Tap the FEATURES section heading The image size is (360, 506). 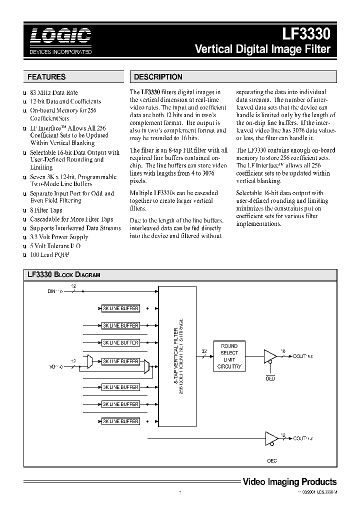pyautogui.click(x=46, y=77)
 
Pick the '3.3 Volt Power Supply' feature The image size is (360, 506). pyautogui.click(x=59, y=237)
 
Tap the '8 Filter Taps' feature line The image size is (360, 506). pyautogui.click(x=46, y=210)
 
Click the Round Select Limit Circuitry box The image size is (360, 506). pyautogui.click(x=229, y=356)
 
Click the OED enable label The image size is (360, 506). pyautogui.click(x=270, y=378)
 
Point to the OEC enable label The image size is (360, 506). pyautogui.click(x=271, y=460)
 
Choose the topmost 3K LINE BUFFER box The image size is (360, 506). pyautogui.click(x=120, y=309)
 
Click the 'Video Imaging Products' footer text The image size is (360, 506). pyautogui.click(x=289, y=482)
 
